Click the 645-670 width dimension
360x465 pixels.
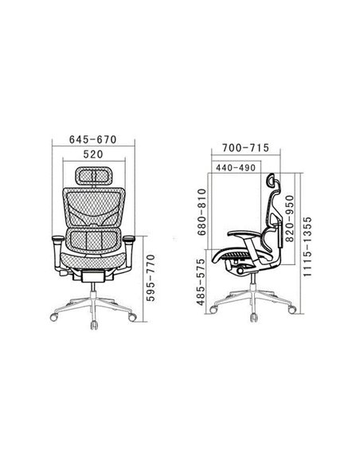(93, 139)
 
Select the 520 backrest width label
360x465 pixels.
(93, 154)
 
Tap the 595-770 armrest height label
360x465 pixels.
(151, 278)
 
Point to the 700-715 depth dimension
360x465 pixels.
(246, 147)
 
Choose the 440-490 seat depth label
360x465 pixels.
(236, 168)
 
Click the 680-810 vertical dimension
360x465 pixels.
(202, 212)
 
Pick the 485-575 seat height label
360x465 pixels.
(201, 282)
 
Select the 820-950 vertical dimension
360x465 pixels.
(289, 218)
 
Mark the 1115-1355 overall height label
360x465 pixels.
(307, 247)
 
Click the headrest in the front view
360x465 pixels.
(94, 176)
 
